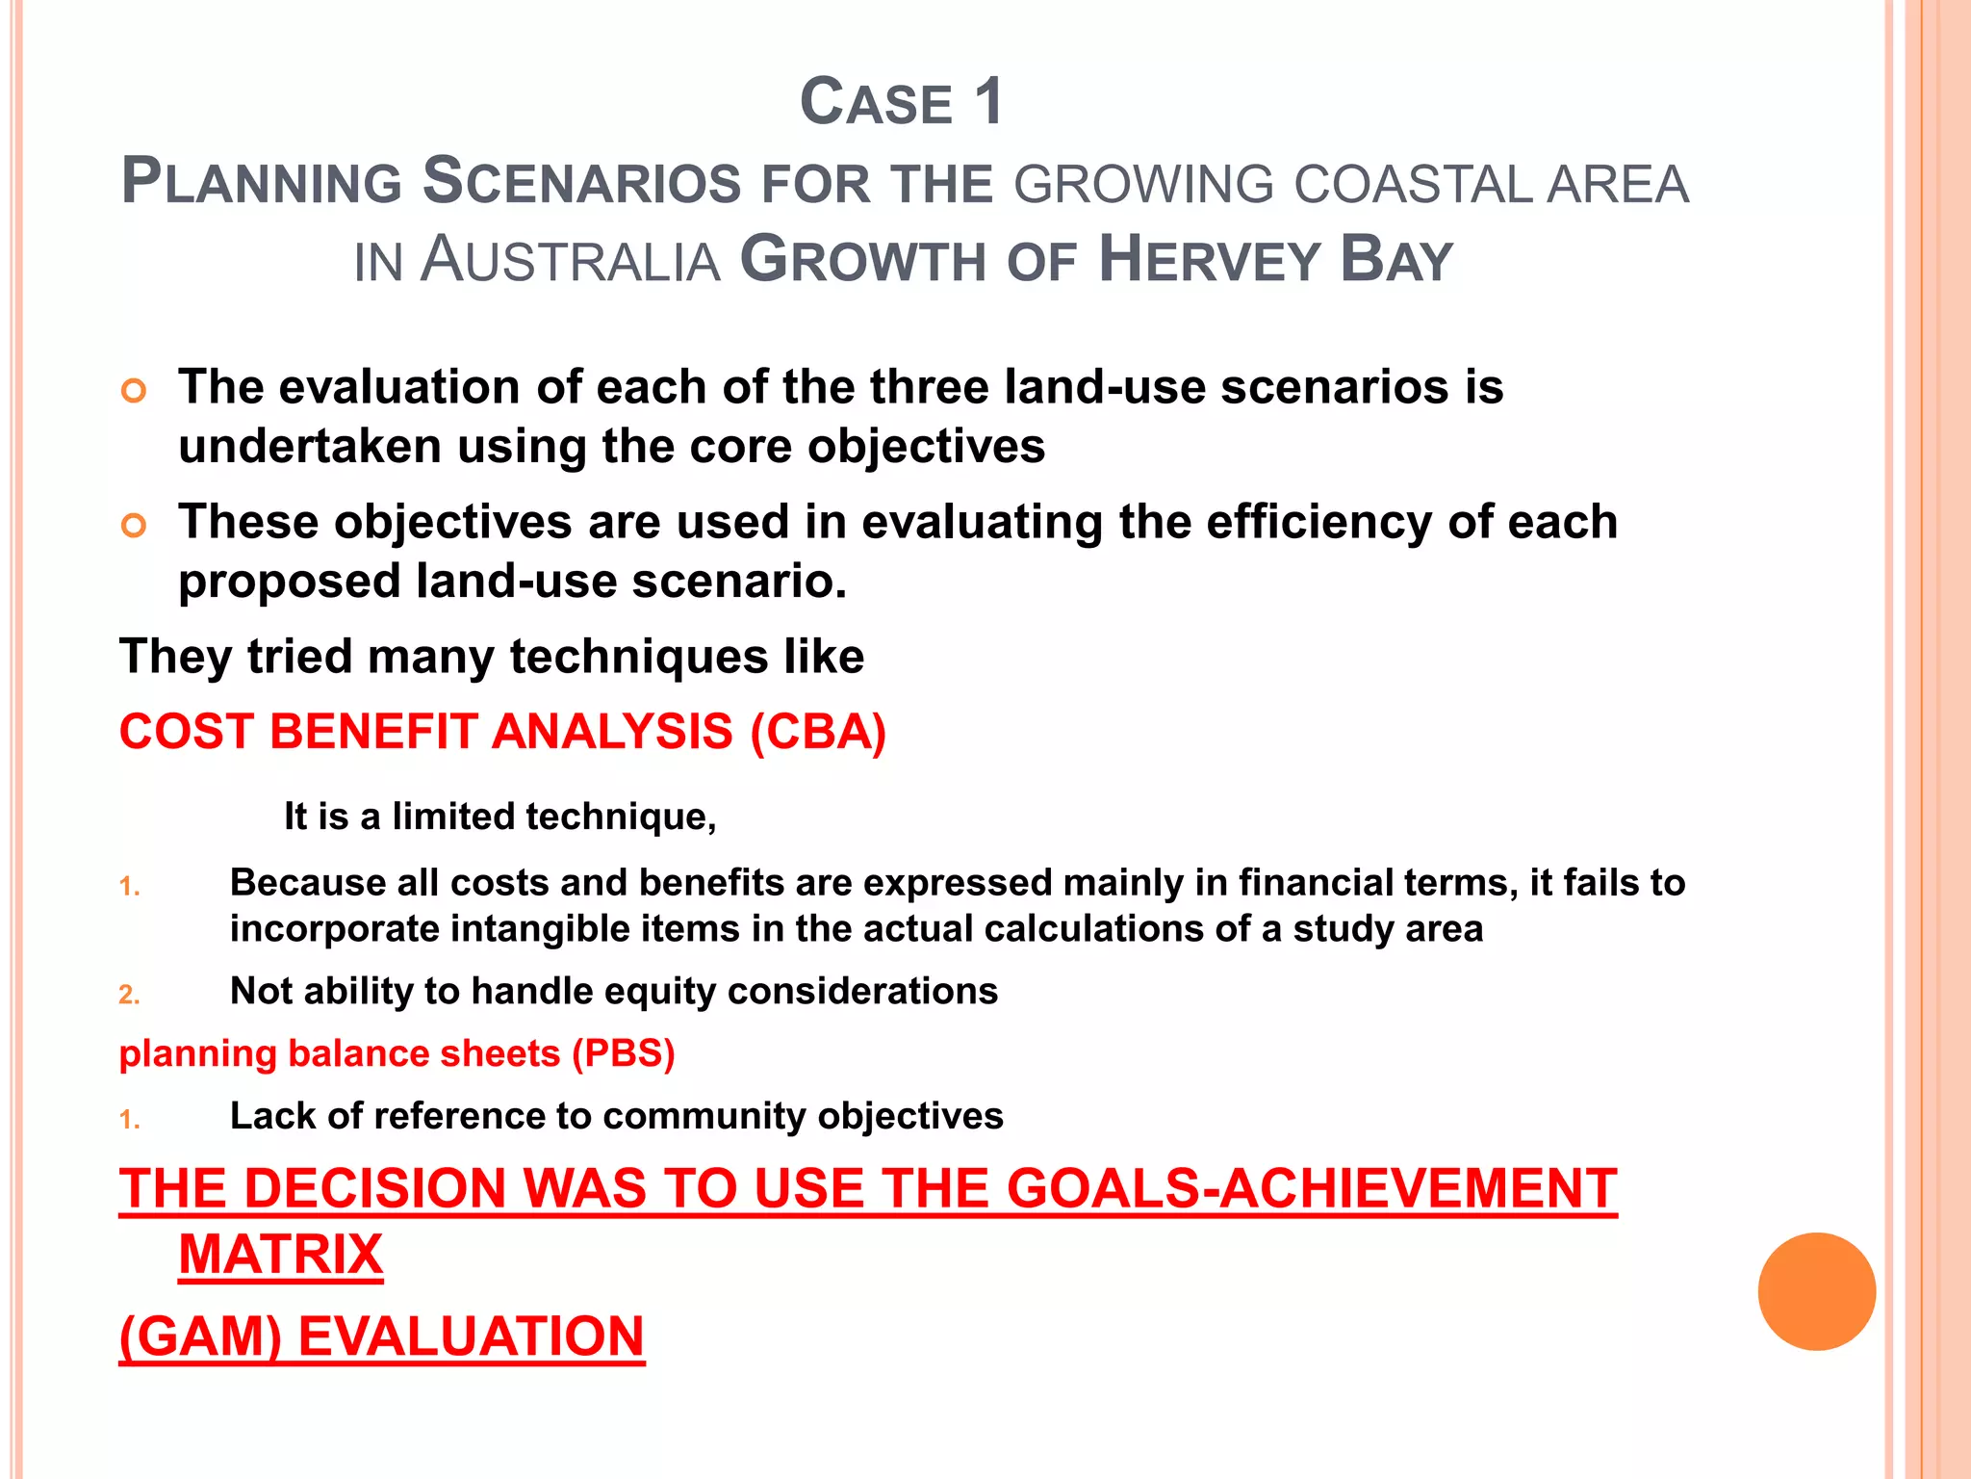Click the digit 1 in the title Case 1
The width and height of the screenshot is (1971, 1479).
[987, 102]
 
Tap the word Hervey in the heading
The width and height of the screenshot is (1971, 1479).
[1209, 260]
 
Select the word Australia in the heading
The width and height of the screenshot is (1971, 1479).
[571, 260]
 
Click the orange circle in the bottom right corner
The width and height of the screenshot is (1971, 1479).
[1816, 1291]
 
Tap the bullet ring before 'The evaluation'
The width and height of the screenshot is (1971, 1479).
[135, 391]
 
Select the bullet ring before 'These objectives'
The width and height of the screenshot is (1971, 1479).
[135, 526]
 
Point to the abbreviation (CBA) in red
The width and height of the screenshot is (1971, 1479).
[818, 732]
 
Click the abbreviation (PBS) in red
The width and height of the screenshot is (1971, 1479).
[624, 1053]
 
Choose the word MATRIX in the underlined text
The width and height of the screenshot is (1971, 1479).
[281, 1255]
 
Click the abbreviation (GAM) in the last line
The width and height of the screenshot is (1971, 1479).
[200, 1336]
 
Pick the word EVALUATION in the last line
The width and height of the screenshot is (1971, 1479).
[471, 1336]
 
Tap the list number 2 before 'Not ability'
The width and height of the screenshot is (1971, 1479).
[129, 995]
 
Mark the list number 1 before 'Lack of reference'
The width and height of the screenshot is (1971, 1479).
[129, 1120]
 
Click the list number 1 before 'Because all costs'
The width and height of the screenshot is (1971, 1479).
[129, 887]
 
